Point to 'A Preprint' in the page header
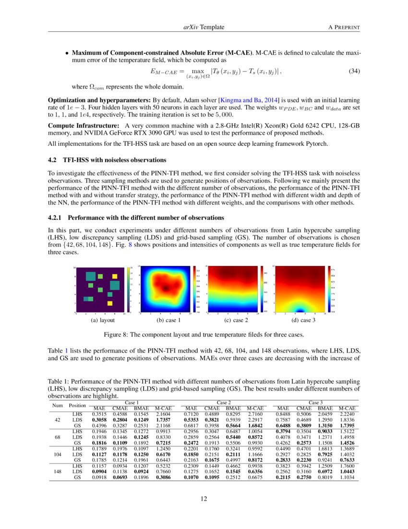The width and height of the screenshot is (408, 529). pyautogui.click(x=344, y=27)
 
